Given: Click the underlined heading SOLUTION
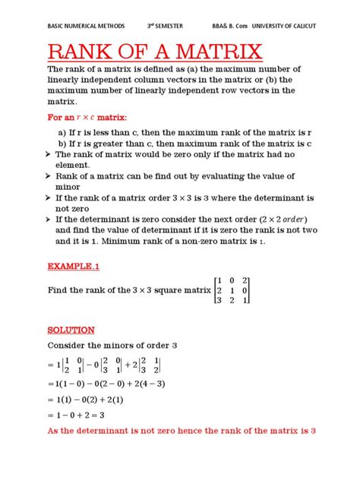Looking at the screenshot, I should pos(71,330).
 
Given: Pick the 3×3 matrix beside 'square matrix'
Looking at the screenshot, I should pos(232,290).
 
